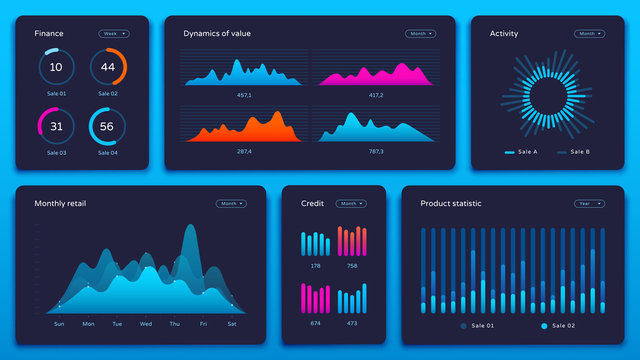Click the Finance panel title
click(x=49, y=34)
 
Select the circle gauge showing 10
click(x=56, y=68)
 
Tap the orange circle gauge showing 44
click(x=108, y=68)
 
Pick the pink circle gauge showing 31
click(x=56, y=127)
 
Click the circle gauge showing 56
click(x=108, y=127)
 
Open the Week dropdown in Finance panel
click(x=113, y=34)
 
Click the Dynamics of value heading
click(x=217, y=34)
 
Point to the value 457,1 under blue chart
click(x=243, y=95)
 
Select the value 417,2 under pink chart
click(x=376, y=95)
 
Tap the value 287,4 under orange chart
click(x=243, y=151)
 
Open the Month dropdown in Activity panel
click(x=589, y=34)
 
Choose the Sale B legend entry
click(x=575, y=152)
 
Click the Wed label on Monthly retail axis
click(x=146, y=324)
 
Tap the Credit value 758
click(x=352, y=266)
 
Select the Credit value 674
click(x=315, y=323)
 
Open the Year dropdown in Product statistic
click(x=589, y=203)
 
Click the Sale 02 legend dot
click(x=544, y=327)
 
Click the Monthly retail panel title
click(x=60, y=204)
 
